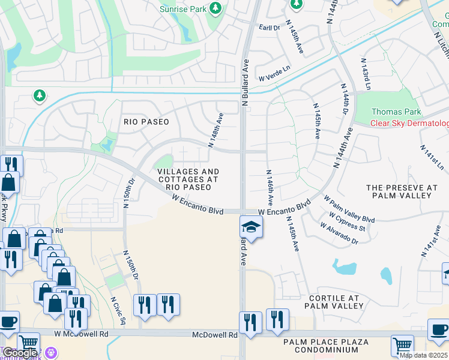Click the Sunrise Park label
183,9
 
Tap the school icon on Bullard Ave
252,227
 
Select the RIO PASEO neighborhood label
146,122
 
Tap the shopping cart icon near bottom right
402,345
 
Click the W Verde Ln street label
274,77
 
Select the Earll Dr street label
270,28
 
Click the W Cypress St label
347,220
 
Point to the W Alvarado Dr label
339,233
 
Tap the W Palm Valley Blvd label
349,208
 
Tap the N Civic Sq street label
118,310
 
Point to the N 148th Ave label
215,130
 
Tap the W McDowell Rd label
81,333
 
